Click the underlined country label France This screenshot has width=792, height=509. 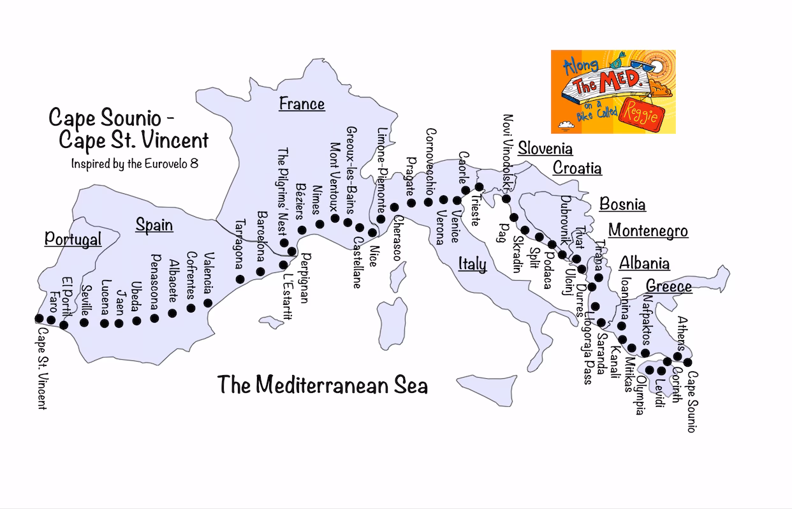coord(302,103)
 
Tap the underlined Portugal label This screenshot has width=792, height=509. coord(73,239)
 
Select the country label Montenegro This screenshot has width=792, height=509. coord(648,230)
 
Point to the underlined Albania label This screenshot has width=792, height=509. coord(644,263)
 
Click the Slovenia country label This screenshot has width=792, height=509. coord(545,149)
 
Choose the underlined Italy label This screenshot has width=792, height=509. coord(472,264)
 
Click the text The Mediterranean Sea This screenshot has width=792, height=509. coord(322,385)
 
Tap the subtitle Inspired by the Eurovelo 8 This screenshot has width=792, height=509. coord(135,163)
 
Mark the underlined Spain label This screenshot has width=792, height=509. coord(154,225)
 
